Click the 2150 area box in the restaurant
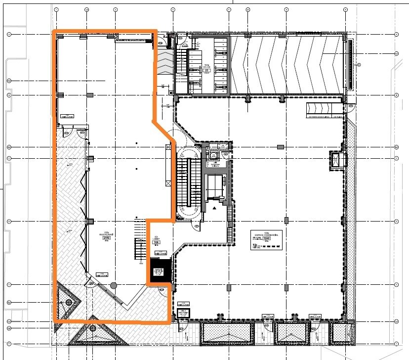point(106,238)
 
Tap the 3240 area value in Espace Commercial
point(268,238)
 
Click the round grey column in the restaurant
point(114,285)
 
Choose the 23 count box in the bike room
point(207,71)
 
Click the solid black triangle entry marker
point(214,209)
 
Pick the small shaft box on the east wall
point(335,160)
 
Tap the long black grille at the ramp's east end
point(350,64)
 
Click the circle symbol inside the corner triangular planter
point(69,302)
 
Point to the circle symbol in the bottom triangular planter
point(93,328)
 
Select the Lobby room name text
point(157,237)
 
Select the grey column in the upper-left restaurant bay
point(89,94)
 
